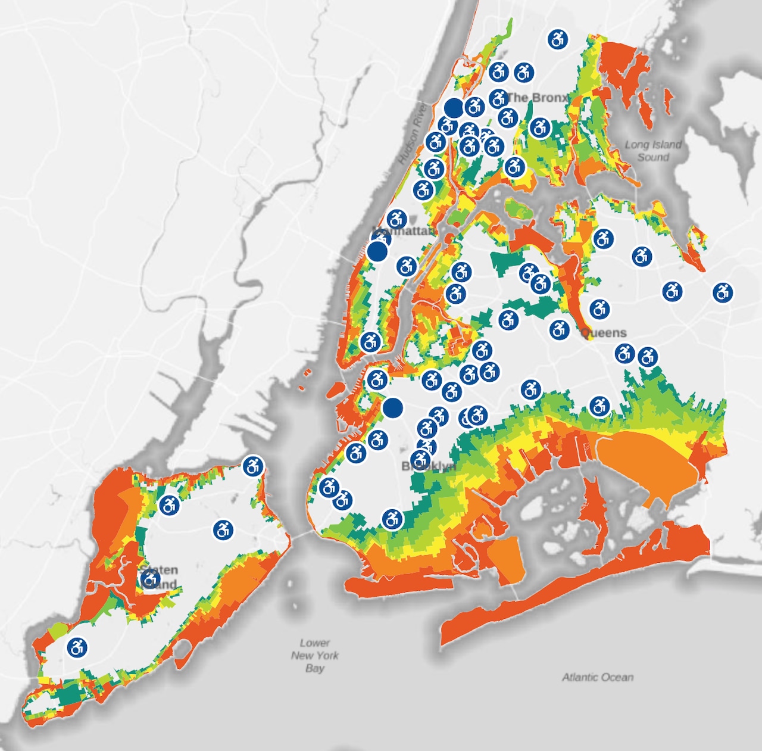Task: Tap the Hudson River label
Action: pyautogui.click(x=413, y=133)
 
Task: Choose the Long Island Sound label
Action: pyautogui.click(x=653, y=151)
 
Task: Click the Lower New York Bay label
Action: pyautogui.click(x=315, y=655)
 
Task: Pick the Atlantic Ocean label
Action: pyautogui.click(x=598, y=677)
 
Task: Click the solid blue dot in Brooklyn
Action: pyautogui.click(x=392, y=408)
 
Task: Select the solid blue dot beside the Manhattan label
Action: pyautogui.click(x=377, y=251)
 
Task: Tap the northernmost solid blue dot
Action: pyautogui.click(x=454, y=108)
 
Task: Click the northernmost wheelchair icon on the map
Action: pyautogui.click(x=558, y=39)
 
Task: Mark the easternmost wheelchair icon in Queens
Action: pyautogui.click(x=723, y=292)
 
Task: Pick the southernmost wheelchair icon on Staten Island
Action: pyautogui.click(x=77, y=647)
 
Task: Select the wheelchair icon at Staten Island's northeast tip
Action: pyautogui.click(x=253, y=466)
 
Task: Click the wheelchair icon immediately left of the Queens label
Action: pyautogui.click(x=560, y=329)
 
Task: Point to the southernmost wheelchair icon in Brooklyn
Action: pyautogui.click(x=392, y=519)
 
